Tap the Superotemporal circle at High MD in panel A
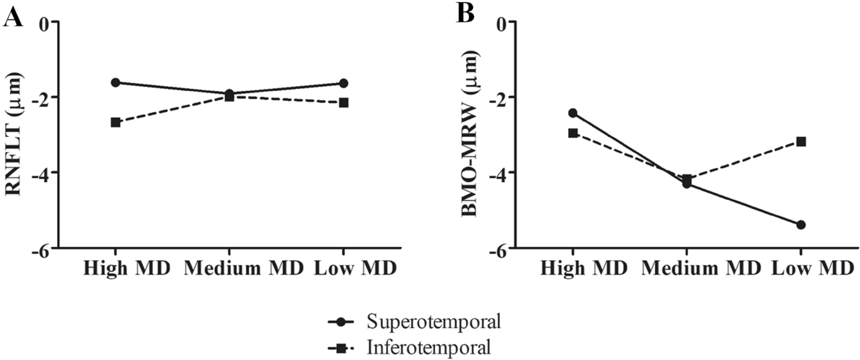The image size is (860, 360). (116, 82)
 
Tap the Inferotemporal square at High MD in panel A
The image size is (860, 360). (116, 122)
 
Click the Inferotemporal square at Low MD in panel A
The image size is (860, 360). (343, 103)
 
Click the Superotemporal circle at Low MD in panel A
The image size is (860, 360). (343, 84)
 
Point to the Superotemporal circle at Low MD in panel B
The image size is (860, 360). (801, 225)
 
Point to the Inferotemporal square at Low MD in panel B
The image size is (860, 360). (801, 142)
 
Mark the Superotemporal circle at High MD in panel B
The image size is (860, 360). (573, 113)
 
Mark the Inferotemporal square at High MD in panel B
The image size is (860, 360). (573, 133)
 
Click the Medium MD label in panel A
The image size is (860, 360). (243, 267)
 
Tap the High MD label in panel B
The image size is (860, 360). (584, 267)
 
